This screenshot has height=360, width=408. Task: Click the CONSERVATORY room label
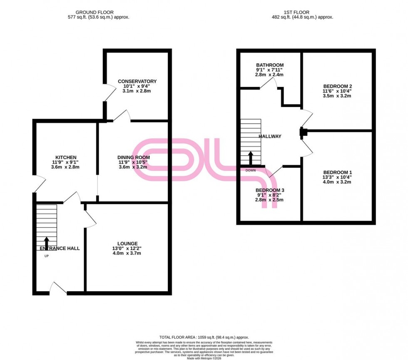pos(137,81)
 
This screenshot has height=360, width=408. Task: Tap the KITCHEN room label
pos(65,157)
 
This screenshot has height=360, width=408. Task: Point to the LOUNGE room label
pos(127,243)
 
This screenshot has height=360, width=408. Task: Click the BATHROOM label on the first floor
pos(270,65)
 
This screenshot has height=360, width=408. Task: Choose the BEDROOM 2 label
pos(337,86)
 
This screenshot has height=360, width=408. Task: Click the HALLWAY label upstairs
pos(270,136)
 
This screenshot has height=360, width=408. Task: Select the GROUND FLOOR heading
pos(98,12)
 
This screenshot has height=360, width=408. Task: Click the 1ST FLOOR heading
pos(302,12)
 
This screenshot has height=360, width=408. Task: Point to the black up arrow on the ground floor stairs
pos(46,242)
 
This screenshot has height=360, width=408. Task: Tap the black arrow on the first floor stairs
pos(250,157)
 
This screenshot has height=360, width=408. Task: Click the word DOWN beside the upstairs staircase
pos(251,170)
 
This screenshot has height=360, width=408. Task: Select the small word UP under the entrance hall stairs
pos(46,256)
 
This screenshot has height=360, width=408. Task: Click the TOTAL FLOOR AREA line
pos(204,337)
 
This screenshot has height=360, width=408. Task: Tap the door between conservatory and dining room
pos(122,116)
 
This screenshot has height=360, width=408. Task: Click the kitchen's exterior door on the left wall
pos(38,184)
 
